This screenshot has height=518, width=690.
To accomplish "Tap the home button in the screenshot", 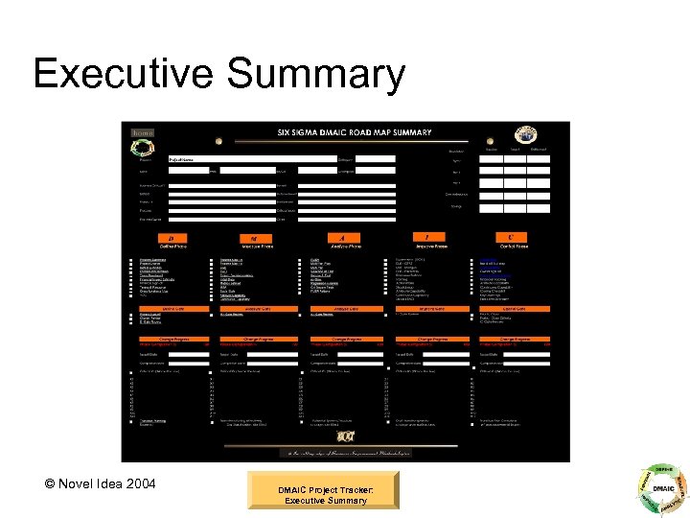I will (142, 132).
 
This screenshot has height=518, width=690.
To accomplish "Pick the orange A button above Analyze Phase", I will (342, 237).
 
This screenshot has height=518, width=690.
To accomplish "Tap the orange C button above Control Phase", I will (511, 236).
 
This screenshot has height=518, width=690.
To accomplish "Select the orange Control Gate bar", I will (514, 309).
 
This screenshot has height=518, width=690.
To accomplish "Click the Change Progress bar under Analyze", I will (342, 339).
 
